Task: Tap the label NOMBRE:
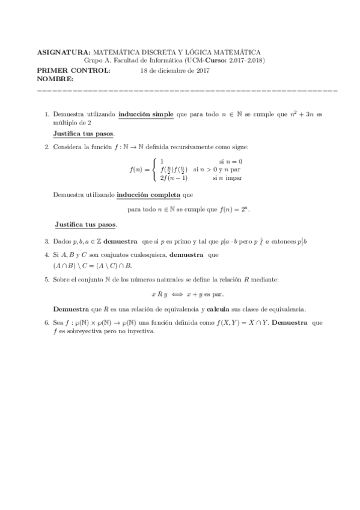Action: pyautogui.click(x=55, y=79)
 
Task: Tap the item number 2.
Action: pyautogui.click(x=47, y=147)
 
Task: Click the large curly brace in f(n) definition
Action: pyautogui.click(x=154, y=170)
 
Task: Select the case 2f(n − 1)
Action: pyautogui.click(x=174, y=178)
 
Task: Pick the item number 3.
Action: pyautogui.click(x=47, y=242)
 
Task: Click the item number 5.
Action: pyautogui.click(x=47, y=279)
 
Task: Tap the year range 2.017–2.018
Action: pyautogui.click(x=246, y=61)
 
